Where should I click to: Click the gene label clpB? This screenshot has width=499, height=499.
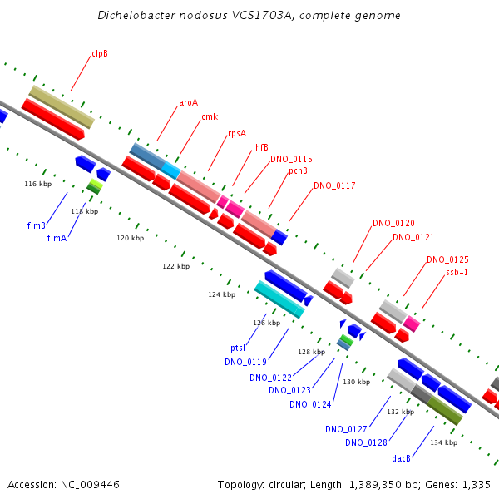tap(100, 53)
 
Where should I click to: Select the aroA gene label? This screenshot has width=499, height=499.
tap(188, 103)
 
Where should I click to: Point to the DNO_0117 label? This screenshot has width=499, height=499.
tap(334, 185)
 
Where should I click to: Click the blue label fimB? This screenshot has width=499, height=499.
tap(37, 225)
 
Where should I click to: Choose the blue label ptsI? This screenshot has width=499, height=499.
tap(238, 348)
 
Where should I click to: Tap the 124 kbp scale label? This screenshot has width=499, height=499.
tap(221, 294)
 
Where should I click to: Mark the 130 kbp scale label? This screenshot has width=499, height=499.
tap(356, 382)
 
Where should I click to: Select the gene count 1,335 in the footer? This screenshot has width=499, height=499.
tap(473, 484)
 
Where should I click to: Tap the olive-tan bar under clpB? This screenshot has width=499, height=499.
tap(62, 105)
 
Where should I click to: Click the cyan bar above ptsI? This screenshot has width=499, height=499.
tap(279, 299)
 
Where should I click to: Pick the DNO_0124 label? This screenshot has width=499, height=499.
tap(310, 404)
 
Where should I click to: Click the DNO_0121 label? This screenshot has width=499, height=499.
tap(413, 237)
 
